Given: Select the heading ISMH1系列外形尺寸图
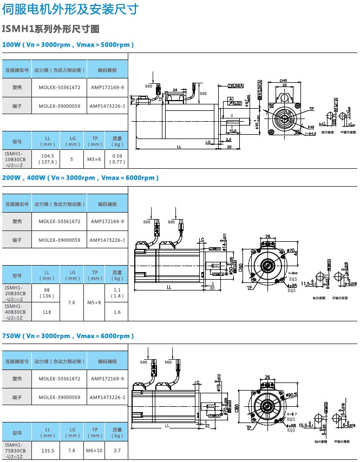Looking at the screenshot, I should point(51,29).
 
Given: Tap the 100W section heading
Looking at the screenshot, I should point(68,44).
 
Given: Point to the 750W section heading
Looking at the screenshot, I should point(67,336).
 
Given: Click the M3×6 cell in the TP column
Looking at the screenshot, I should point(95,159).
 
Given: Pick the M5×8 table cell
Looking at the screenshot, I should point(95,302).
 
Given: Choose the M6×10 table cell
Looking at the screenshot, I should point(95,450).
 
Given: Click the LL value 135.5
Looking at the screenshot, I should point(47,450).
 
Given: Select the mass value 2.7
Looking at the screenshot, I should point(117,450).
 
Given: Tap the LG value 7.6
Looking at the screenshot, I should point(72,302).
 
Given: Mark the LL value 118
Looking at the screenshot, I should point(47,312).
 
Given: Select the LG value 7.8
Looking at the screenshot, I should point(72,450).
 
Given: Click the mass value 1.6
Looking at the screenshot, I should point(117,312).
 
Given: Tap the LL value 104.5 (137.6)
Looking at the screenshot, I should point(47,159).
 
